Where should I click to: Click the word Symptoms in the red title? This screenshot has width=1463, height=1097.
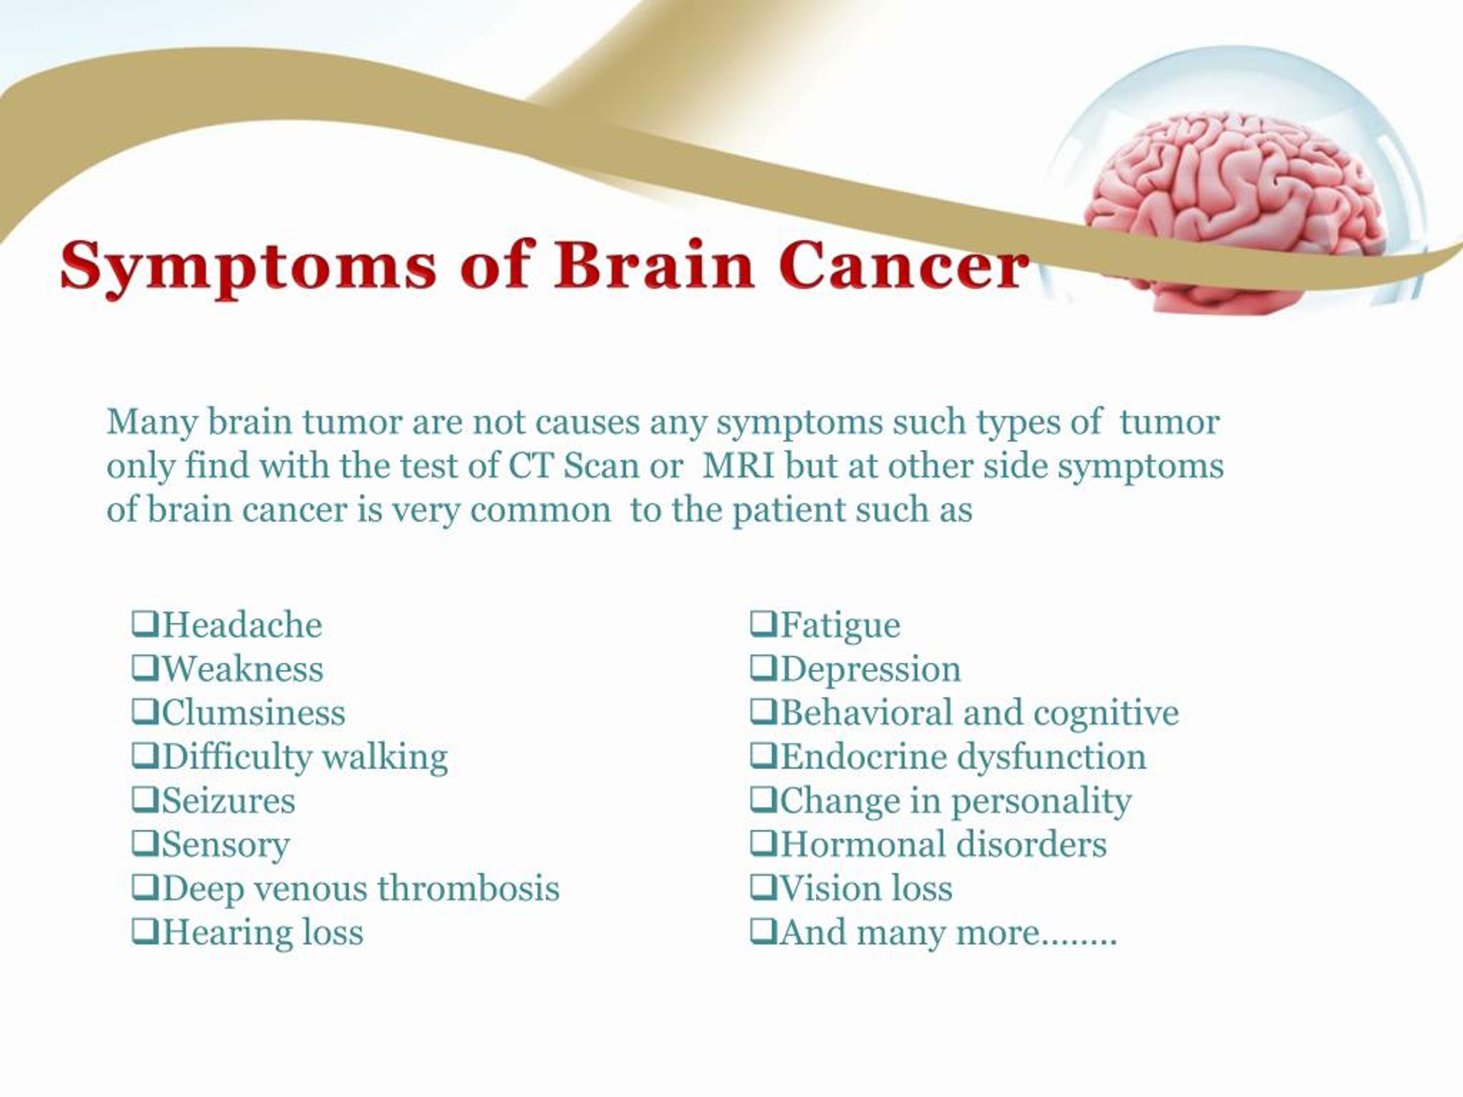point(248,268)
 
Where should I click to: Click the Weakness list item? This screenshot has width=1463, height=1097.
point(227,668)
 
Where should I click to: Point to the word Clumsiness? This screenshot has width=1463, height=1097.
point(253,713)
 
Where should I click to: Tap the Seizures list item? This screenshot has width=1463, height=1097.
point(214,801)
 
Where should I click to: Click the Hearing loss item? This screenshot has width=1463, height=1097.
point(248,932)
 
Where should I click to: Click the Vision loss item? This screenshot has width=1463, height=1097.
point(852,888)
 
